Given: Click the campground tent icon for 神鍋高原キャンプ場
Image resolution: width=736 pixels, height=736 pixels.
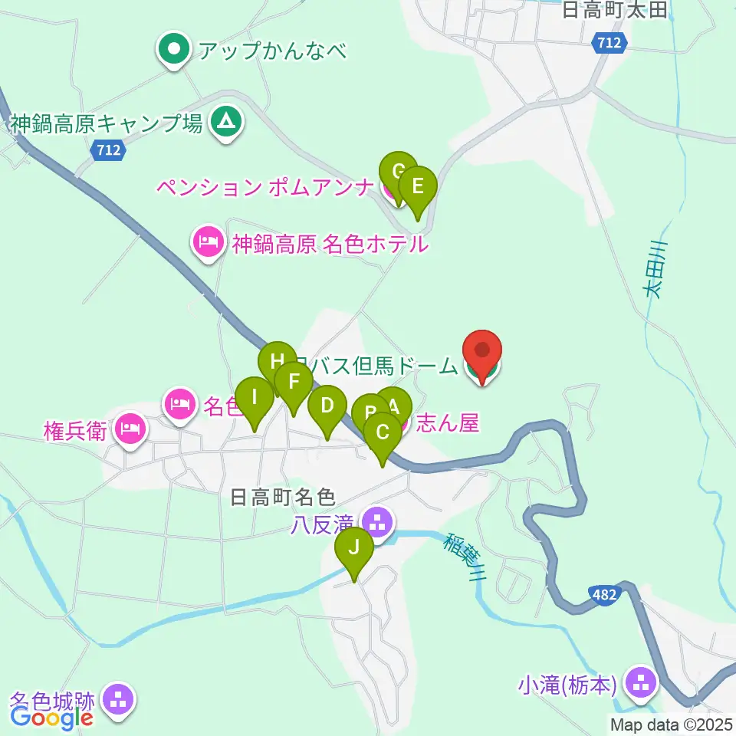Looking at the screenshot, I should coord(225,121).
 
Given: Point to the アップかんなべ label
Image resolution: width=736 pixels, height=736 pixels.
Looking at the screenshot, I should coord(272,51).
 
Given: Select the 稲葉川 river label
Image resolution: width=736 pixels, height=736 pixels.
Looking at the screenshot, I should coord(459,557).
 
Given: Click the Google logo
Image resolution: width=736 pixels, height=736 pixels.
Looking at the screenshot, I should coord(52,718).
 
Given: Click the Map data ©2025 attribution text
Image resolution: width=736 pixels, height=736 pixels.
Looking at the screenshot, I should coord(670,724).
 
